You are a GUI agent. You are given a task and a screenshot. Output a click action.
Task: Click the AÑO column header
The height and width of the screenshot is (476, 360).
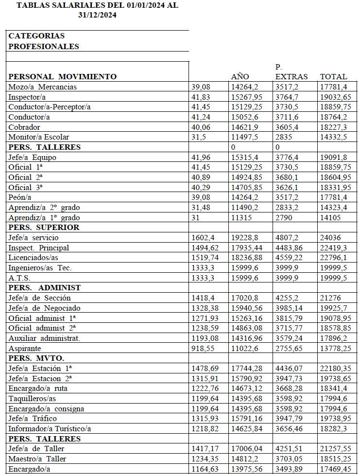240,76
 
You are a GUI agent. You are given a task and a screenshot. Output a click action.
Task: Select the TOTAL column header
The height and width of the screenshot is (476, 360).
333,76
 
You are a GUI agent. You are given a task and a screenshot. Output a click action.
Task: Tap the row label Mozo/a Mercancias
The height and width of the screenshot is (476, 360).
43,87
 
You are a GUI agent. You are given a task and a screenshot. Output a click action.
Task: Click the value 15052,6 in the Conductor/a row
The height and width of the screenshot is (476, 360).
244,117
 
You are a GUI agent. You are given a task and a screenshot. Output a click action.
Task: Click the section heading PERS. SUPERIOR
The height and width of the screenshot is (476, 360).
44,227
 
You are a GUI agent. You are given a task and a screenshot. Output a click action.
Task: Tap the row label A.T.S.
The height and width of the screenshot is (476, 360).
19,278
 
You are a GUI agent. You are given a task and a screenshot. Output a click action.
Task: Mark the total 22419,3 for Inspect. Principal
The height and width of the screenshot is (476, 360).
334,247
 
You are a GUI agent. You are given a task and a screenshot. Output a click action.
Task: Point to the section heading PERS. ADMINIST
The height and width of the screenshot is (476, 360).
44,287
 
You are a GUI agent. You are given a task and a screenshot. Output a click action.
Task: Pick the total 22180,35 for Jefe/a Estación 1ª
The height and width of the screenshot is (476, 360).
336,368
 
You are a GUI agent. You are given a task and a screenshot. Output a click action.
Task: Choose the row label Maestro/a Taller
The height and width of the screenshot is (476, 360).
37,458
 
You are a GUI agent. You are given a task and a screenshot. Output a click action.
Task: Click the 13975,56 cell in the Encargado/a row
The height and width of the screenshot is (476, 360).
248,469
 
